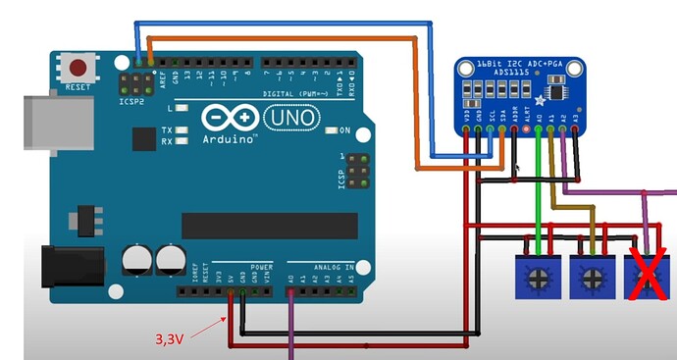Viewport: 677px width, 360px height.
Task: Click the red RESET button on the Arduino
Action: pos(78,68)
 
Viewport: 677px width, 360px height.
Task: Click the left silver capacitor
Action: pos(137,260)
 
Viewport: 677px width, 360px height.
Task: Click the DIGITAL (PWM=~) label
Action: pos(289,95)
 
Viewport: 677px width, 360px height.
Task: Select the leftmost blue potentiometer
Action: pos(537,278)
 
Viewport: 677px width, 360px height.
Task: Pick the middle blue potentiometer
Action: pos(591,278)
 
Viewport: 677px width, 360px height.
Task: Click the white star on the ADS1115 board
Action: pos(540,102)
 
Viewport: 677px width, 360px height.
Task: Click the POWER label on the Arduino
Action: pos(261,267)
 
